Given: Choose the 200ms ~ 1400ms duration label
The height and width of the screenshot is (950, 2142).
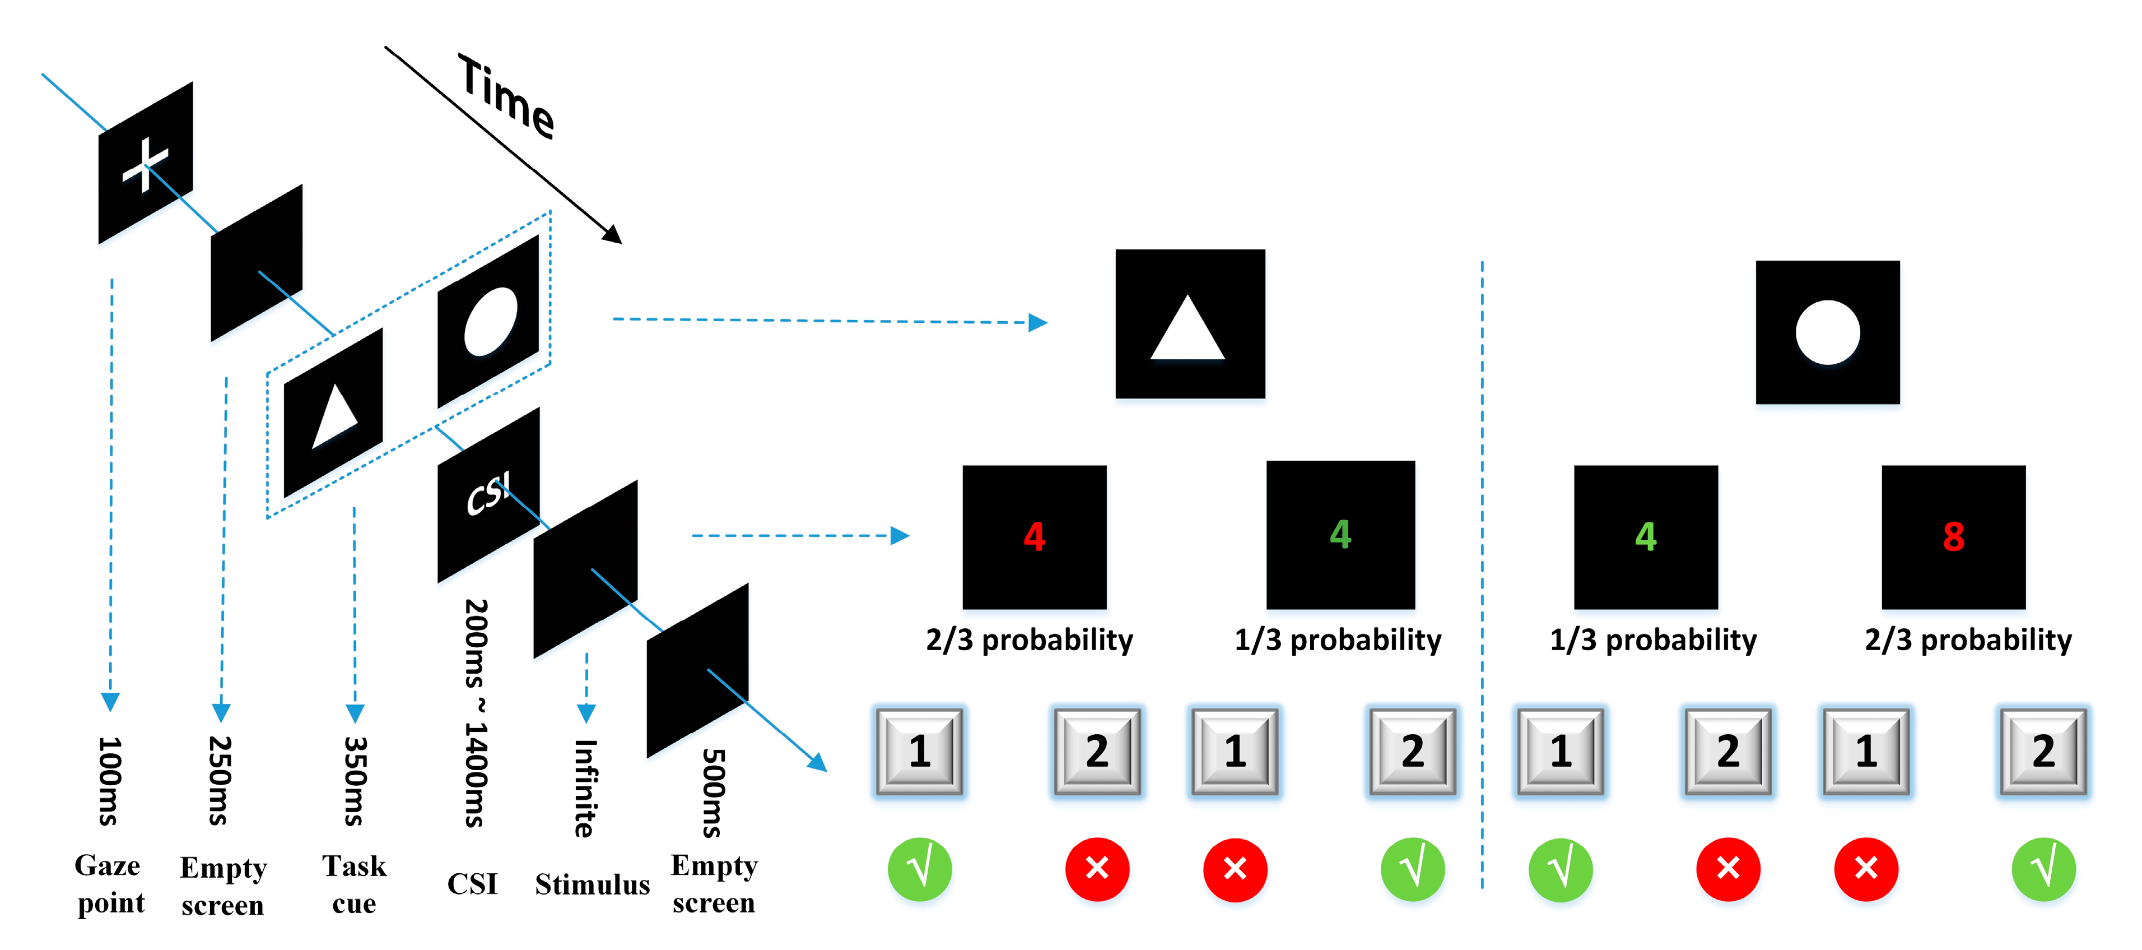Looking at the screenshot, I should (x=476, y=713).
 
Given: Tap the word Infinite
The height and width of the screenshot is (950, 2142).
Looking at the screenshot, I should (x=585, y=788).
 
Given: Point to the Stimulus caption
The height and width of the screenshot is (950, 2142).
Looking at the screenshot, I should (x=592, y=884).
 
